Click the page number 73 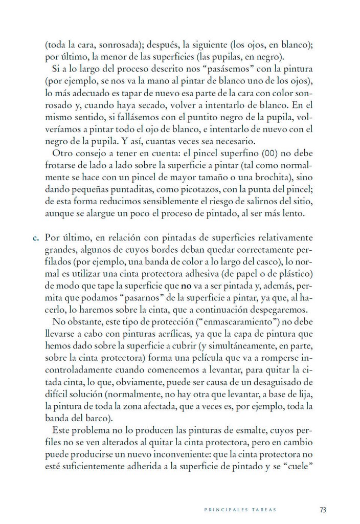click(323, 509)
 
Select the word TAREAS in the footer click(264, 510)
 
